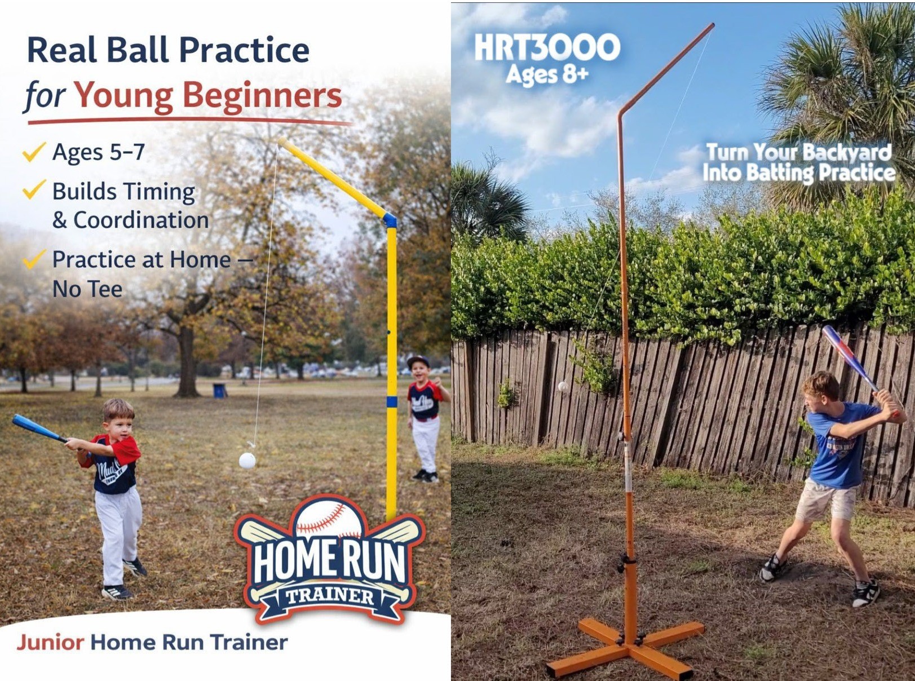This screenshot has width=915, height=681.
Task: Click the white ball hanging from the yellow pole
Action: (x=247, y=461)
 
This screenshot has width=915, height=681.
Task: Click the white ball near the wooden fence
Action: (x=563, y=387)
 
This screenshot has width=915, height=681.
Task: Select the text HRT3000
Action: (x=547, y=47)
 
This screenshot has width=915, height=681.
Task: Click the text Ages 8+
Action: (x=547, y=74)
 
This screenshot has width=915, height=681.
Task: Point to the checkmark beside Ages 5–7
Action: (x=34, y=152)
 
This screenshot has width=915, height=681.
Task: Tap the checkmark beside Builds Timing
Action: (x=34, y=190)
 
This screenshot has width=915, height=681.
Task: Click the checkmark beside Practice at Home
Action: (x=34, y=259)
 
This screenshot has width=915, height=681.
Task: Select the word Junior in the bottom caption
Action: (x=50, y=642)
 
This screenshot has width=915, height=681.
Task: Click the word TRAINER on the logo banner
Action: (x=329, y=596)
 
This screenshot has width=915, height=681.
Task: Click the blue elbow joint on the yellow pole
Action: (x=390, y=219)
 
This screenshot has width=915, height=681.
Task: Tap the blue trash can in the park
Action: (x=219, y=390)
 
